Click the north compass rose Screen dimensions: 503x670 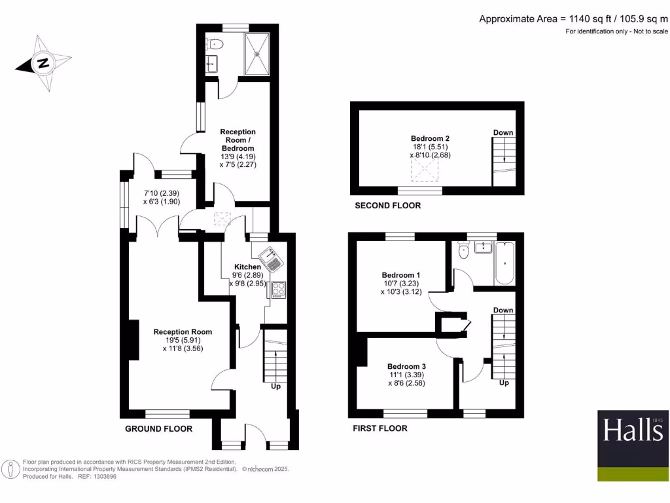pos(43,64)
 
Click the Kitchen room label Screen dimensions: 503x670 pos(248,267)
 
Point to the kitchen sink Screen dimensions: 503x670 pos(271,260)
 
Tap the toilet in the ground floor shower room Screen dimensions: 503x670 pos(214,45)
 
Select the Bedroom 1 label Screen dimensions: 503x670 pos(400,274)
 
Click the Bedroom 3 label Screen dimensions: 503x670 pos(406,366)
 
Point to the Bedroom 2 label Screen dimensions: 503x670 pos(430,138)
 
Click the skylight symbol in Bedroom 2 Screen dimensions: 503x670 pos(424,170)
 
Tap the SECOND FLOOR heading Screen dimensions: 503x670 pos(387,206)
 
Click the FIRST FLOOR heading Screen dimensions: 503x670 pos(379,428)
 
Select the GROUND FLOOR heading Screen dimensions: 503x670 pos(158,429)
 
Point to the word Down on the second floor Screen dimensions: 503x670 pos(503,133)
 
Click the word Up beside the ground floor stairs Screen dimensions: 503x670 pos(275,386)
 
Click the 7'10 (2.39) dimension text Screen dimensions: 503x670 pos(161,193)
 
